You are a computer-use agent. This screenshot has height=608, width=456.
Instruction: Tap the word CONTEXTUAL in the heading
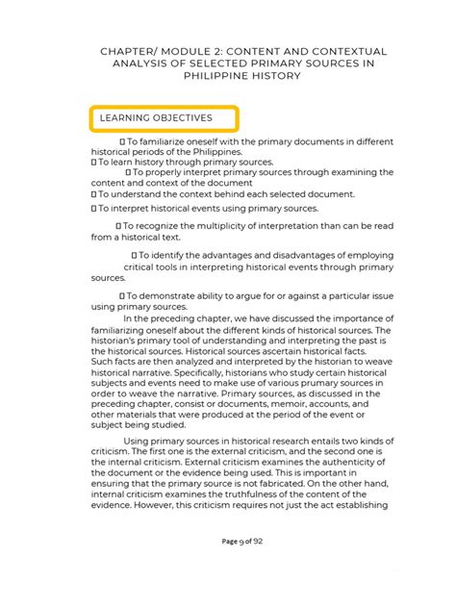click(x=325, y=49)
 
